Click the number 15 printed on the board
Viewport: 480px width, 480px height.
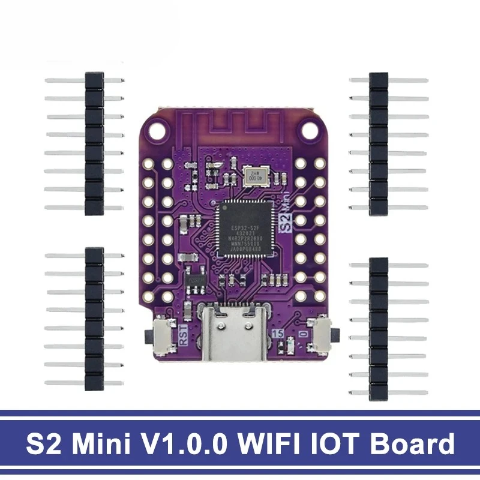pyautogui.click(x=278, y=335)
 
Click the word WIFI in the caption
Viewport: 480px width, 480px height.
pyautogui.click(x=271, y=445)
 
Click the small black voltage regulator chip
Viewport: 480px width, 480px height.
pyautogui.click(x=196, y=280)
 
